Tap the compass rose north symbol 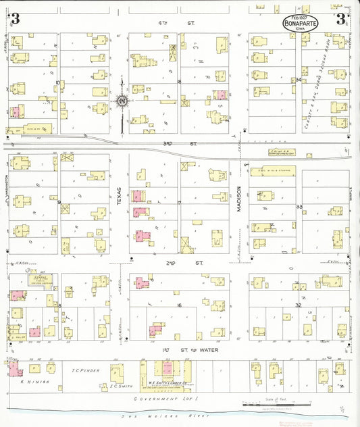(x=122, y=102)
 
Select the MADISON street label (x=238, y=201)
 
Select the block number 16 (x=180, y=306)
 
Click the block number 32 (x=298, y=305)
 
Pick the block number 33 (x=298, y=206)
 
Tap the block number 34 (x=298, y=80)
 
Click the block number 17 (x=180, y=203)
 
